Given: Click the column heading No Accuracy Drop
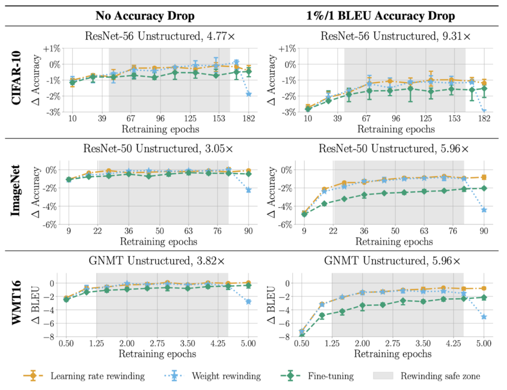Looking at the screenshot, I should [x=145, y=16].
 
